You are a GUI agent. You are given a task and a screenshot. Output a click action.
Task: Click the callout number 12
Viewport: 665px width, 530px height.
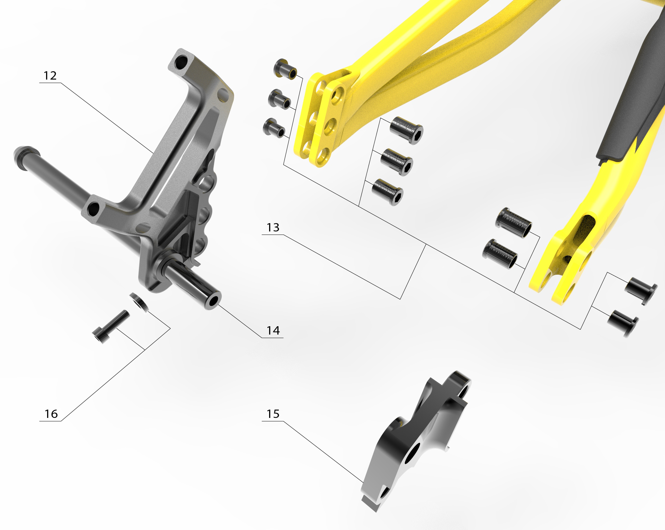[x=50, y=76]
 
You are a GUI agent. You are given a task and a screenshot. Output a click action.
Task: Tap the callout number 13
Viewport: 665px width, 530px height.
[x=273, y=228]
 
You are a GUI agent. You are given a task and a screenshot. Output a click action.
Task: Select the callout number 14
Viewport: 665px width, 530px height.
[x=273, y=331]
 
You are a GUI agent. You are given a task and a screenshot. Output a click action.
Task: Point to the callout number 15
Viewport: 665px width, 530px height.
[x=273, y=414]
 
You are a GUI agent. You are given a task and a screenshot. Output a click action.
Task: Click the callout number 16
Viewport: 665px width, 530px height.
[x=51, y=414]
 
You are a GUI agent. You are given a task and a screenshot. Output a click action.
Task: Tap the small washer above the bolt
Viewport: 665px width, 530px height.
[x=139, y=302]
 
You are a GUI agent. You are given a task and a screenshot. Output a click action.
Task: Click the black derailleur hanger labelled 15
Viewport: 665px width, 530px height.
[x=415, y=441]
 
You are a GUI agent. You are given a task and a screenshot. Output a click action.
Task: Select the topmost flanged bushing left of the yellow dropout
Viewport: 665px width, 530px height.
[x=285, y=69]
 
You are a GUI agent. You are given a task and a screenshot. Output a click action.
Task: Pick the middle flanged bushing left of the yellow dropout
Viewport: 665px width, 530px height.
[x=280, y=100]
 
